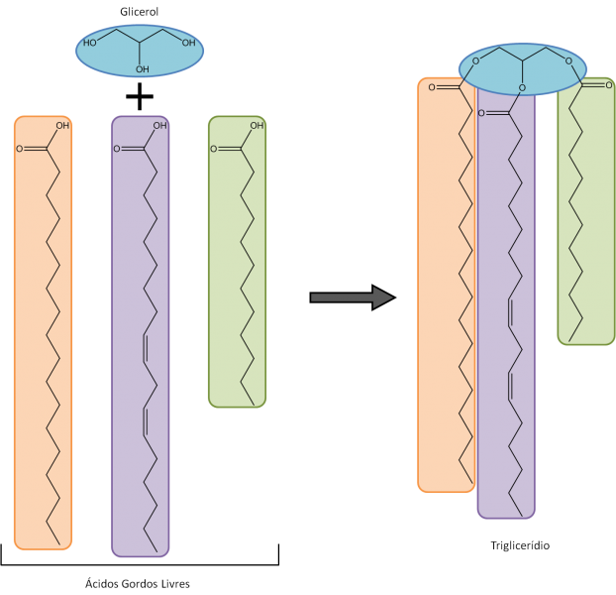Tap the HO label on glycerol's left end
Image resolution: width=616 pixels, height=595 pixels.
point(91,43)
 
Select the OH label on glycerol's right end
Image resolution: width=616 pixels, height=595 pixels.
point(188,43)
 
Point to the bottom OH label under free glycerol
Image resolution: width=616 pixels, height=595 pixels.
point(143,69)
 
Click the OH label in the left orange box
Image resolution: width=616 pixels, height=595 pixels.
point(62,126)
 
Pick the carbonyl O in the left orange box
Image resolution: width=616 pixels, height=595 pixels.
point(19,150)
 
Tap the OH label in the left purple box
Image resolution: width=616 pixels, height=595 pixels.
point(160,126)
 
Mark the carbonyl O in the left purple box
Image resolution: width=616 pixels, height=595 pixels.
point(117,150)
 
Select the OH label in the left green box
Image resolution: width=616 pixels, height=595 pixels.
point(257,126)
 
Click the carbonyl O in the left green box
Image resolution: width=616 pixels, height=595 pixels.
point(213,150)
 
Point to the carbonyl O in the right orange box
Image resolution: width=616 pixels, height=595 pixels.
point(433,88)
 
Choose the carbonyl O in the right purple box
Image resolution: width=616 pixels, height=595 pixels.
point(482,114)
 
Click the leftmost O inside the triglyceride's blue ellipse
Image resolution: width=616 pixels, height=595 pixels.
point(475,61)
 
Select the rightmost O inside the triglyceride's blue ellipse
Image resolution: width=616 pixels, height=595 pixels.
point(568,61)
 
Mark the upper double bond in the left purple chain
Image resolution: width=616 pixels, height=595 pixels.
point(148,349)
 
